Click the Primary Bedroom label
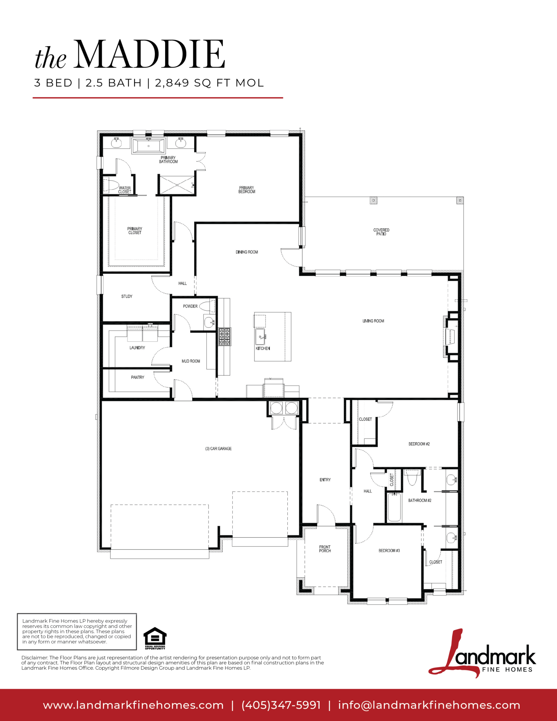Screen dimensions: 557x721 pos(247,190)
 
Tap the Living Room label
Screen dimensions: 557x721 pos(373,321)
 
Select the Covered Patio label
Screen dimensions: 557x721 pos(381,232)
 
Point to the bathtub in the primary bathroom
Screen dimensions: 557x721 pos(149,146)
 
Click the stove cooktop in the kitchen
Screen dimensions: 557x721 pos(225,336)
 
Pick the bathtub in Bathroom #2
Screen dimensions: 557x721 pos(394,507)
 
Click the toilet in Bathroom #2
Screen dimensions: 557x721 pos(413,477)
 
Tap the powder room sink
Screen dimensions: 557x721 pos(209,322)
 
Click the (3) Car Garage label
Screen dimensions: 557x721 pos(218,449)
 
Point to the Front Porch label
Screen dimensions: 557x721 pos(325,549)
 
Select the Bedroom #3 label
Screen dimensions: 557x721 pos(389,550)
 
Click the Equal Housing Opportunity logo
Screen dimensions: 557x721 pos(155,639)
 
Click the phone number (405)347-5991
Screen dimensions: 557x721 pos(281,705)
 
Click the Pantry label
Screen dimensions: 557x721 pos(137,377)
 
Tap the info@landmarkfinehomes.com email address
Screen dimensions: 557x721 pos(429,705)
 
